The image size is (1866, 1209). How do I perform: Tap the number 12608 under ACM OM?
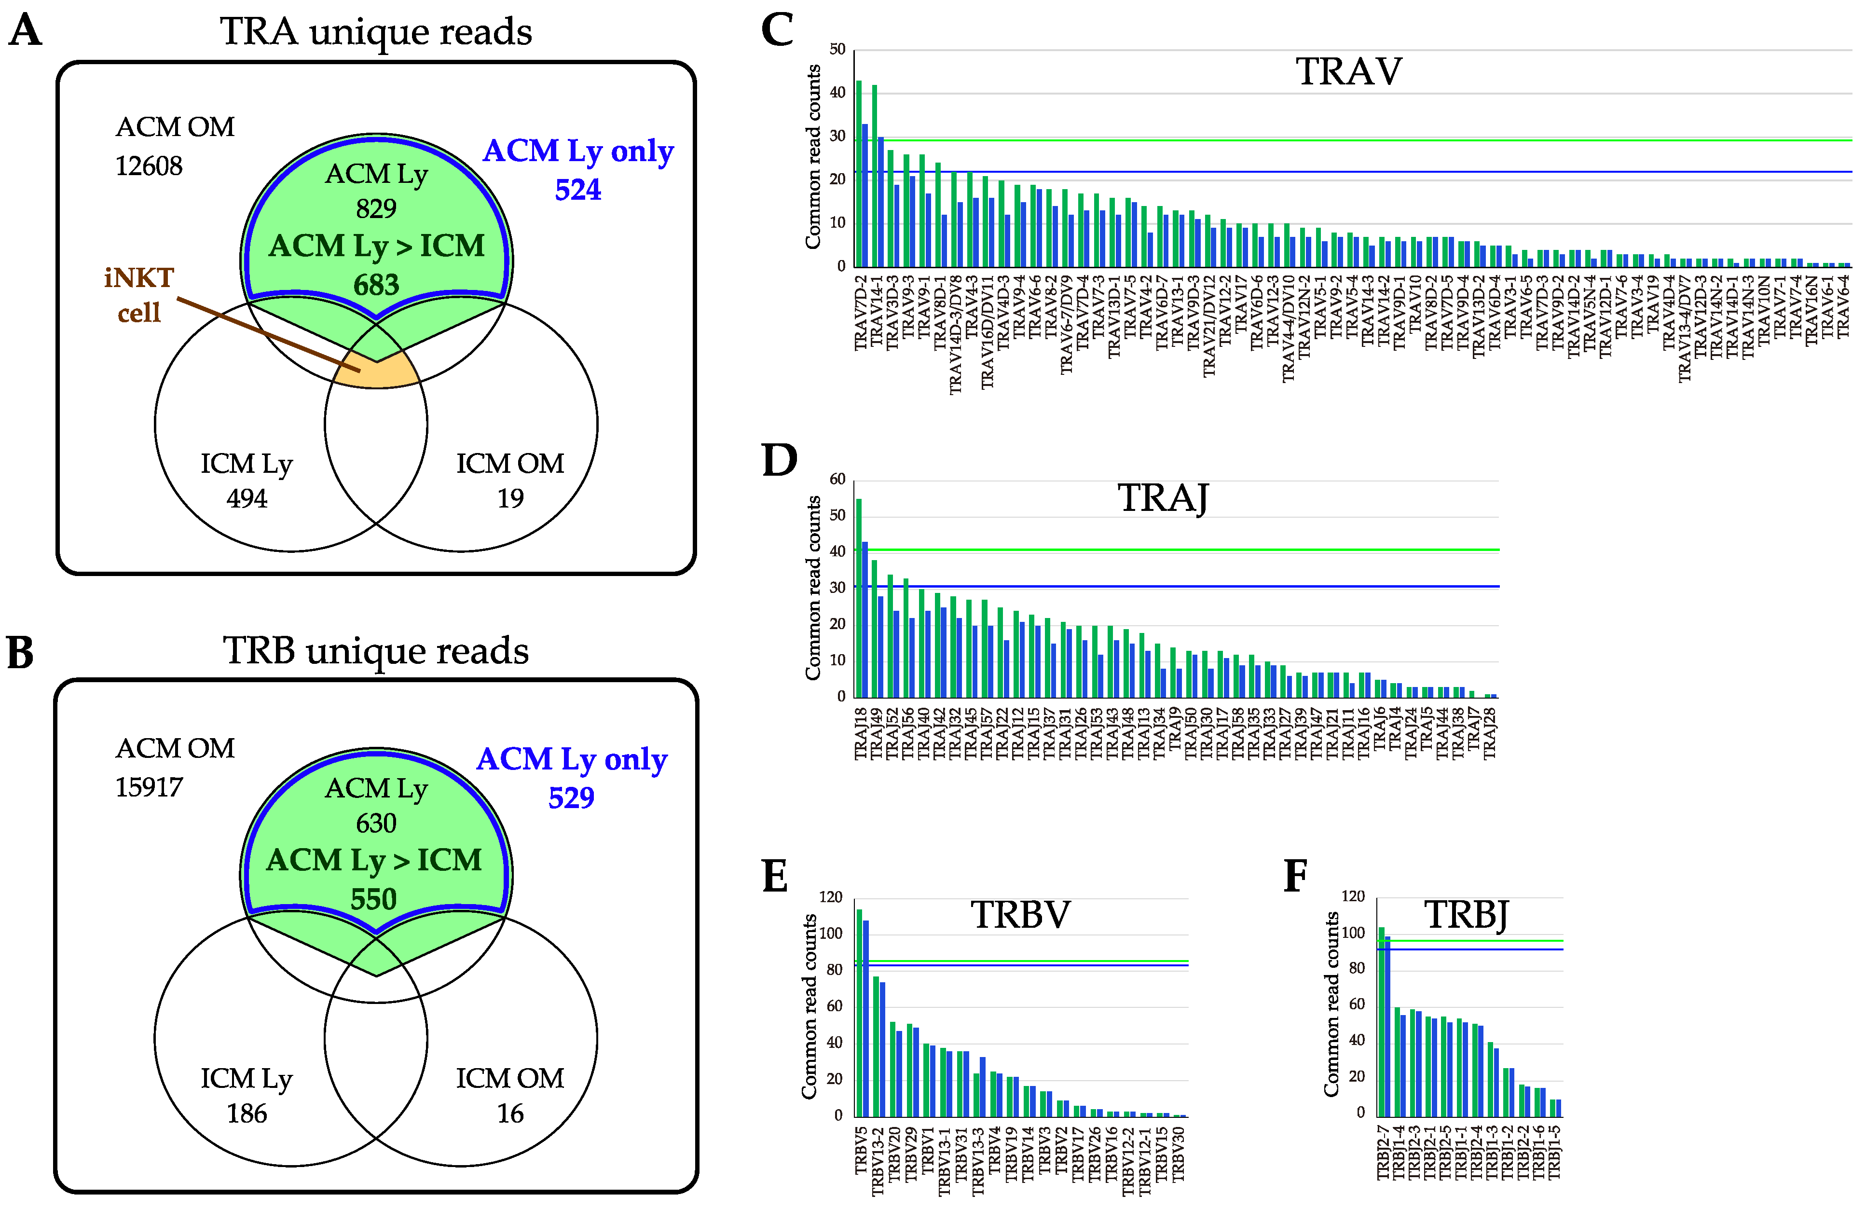[x=149, y=166]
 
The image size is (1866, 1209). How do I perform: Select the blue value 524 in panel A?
[x=578, y=190]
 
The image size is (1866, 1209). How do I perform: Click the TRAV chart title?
[x=1348, y=72]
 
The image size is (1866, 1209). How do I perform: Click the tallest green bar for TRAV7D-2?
[x=859, y=173]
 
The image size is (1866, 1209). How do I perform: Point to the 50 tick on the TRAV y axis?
[x=837, y=49]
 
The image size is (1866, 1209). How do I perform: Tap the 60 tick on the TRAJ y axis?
[x=837, y=479]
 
